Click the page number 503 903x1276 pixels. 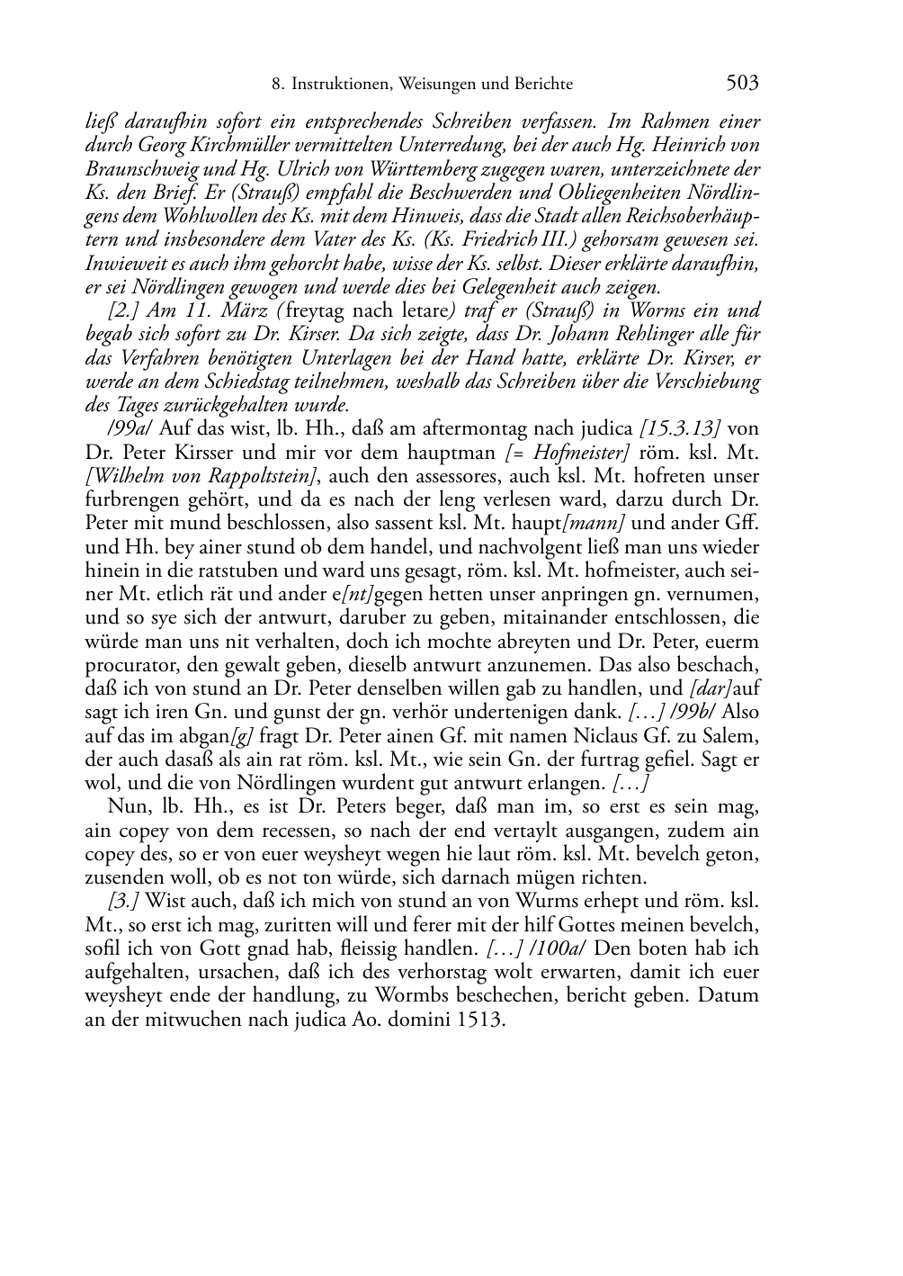[x=742, y=84]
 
